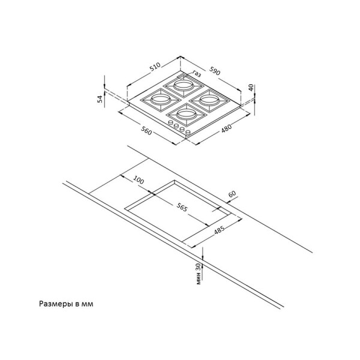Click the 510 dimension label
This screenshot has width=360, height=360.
(155, 67)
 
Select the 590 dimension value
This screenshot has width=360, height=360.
(215, 71)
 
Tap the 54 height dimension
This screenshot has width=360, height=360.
(100, 99)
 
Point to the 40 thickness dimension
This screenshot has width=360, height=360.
(251, 88)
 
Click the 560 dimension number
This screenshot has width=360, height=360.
(146, 131)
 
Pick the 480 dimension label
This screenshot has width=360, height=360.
(226, 128)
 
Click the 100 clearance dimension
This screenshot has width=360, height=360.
(139, 180)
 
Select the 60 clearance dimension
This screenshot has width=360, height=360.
(232, 194)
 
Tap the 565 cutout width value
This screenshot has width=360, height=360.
(182, 208)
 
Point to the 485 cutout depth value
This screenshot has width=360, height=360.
(219, 230)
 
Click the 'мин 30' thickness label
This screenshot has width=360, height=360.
(199, 274)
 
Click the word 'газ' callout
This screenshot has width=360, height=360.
(197, 73)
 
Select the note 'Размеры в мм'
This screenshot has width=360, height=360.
(66, 304)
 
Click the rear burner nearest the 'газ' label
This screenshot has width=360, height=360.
(184, 86)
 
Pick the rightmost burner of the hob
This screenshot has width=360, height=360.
(209, 100)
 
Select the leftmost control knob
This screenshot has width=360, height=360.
(171, 122)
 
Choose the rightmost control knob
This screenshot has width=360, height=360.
(188, 133)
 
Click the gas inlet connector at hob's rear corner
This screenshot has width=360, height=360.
(181, 76)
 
